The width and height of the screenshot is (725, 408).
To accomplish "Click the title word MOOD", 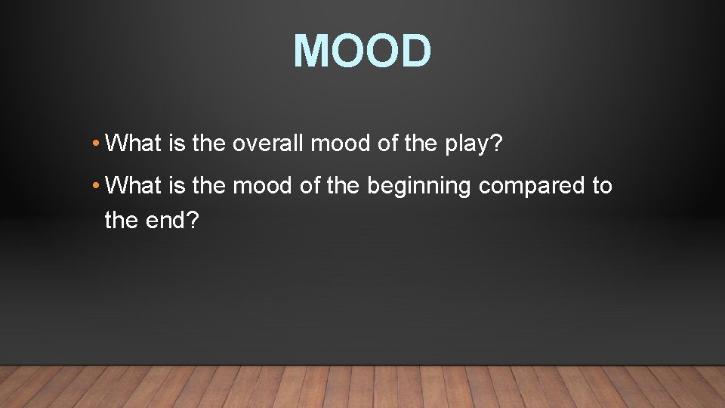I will click(362, 51).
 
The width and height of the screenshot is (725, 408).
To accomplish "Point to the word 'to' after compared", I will click(603, 186).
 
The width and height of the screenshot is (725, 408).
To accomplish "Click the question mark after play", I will click(496, 143).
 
